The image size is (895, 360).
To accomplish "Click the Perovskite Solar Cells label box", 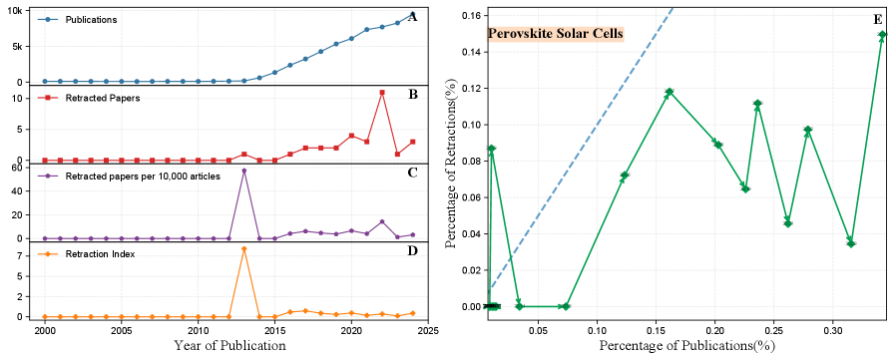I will pos(555,34).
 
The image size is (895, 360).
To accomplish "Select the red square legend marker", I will pos(46,99).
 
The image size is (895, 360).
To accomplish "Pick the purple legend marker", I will pos(46,176).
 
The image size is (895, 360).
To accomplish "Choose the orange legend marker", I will pos(46,255).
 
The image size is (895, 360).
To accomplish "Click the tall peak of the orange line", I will pos(244,249).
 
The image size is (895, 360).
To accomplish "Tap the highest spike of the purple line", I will pos(244,171).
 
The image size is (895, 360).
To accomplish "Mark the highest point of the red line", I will pos(382,94).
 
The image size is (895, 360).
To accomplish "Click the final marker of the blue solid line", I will pos(413,13).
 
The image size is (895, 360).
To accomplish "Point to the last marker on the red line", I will pos(413,142).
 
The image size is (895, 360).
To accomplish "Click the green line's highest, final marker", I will pos(882,34).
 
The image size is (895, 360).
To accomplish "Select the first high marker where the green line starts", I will pos(492,149).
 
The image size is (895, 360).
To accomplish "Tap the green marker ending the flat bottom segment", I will pos(566,306).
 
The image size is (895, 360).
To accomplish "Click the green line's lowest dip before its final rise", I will pos(851,242).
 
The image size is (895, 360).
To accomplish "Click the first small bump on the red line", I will pos(244,155).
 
